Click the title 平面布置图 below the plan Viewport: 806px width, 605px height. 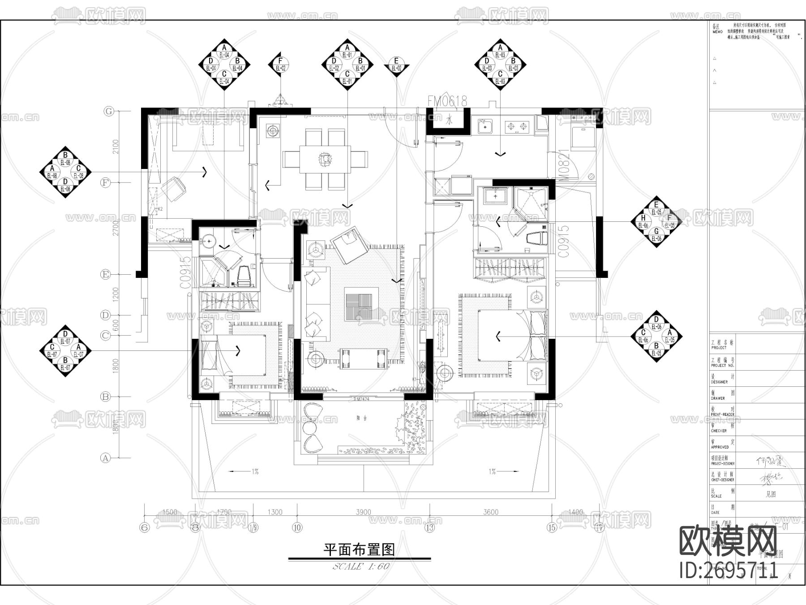click(359, 549)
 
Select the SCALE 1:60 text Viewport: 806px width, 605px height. click(361, 566)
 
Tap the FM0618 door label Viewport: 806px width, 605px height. click(447, 102)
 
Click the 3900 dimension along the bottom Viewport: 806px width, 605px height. click(363, 512)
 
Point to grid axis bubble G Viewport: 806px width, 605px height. click(109, 112)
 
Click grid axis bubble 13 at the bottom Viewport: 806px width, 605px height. click(430, 528)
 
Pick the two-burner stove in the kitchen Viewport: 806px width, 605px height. click(516, 127)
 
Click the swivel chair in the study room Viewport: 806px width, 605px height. click(173, 188)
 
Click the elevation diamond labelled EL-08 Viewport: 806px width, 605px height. click(65, 172)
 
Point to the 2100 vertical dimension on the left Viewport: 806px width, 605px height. click(116, 147)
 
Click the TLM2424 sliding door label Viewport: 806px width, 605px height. click(361, 398)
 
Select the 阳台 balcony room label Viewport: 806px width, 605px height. click(361, 417)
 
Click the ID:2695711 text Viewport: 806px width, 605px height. click(729, 570)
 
